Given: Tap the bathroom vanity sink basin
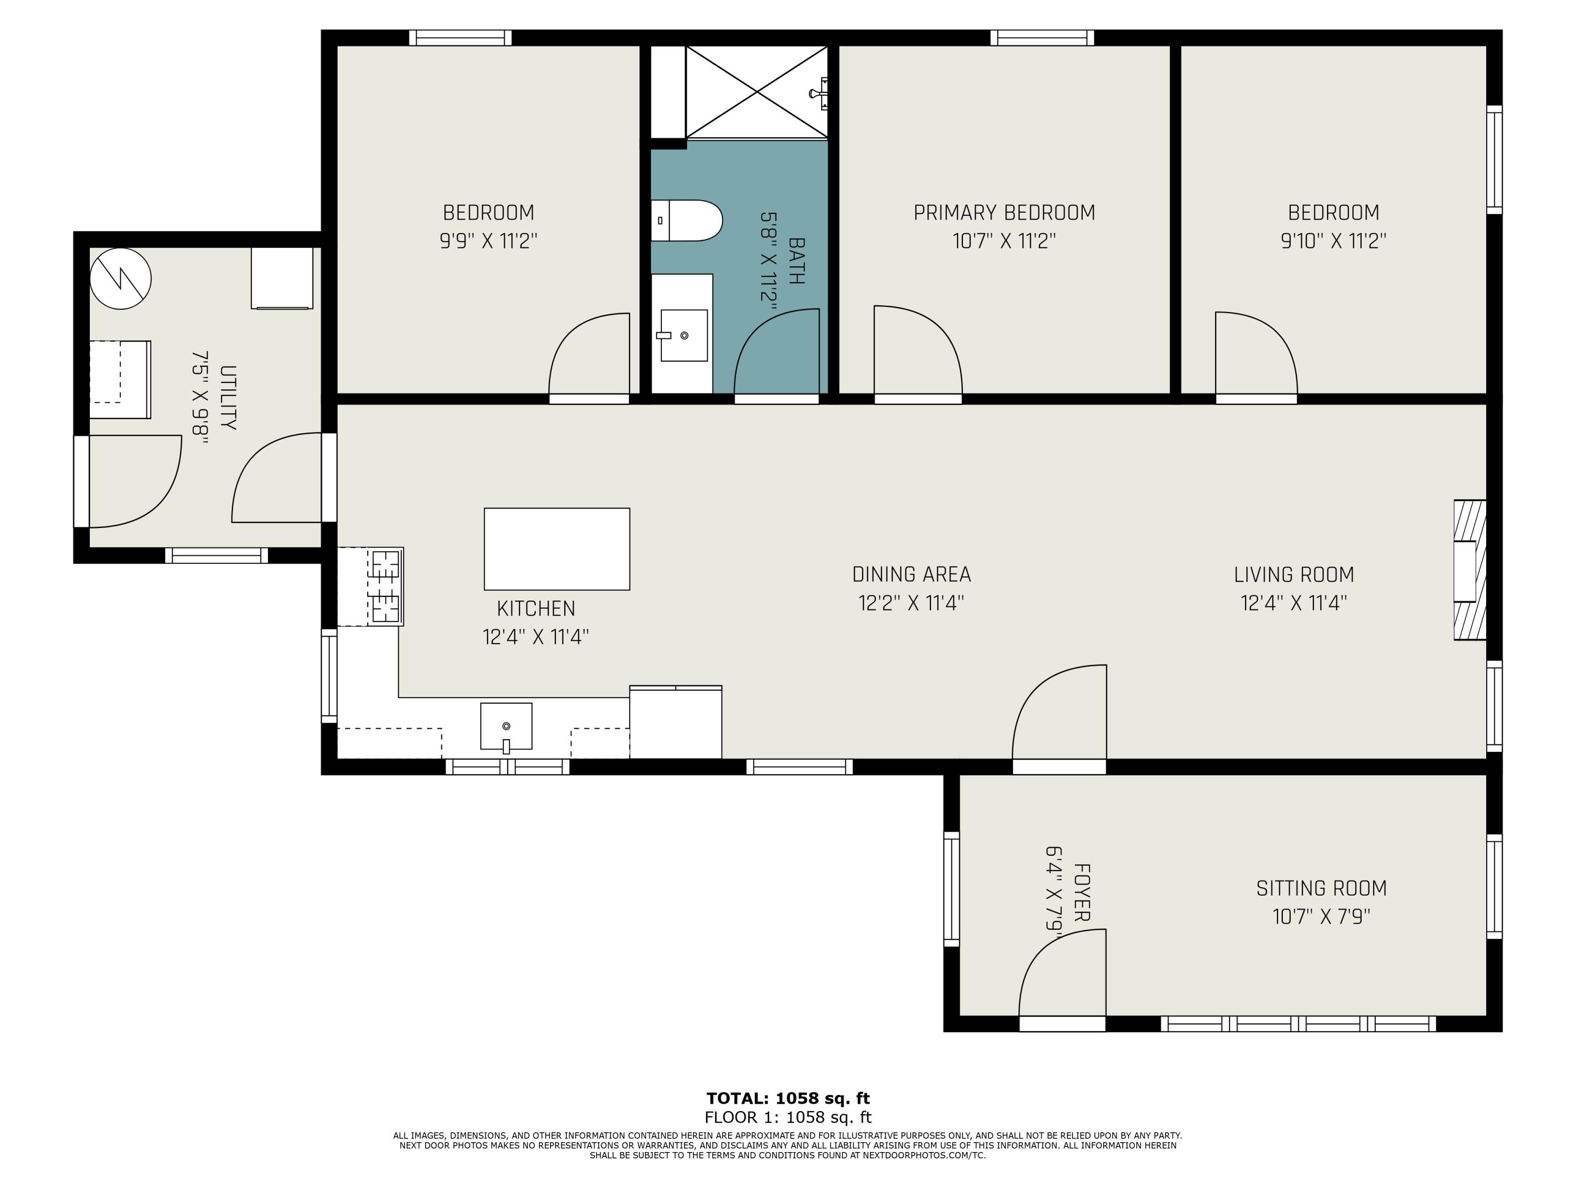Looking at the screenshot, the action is click(x=684, y=335).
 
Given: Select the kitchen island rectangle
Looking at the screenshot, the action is click(x=556, y=548).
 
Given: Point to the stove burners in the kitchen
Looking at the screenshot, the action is click(x=386, y=586).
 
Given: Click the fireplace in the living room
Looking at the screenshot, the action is click(x=1470, y=570).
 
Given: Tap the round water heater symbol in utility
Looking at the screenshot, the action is click(x=120, y=278).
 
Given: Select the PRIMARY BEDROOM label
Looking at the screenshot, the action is click(x=1004, y=212).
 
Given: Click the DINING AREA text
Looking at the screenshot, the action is click(x=911, y=574).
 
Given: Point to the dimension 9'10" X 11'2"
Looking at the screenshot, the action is click(x=1333, y=241).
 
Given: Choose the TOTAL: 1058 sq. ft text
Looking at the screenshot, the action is click(x=788, y=1098).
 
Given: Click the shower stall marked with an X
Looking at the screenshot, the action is click(x=756, y=92).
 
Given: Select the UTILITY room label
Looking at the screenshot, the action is click(x=228, y=398).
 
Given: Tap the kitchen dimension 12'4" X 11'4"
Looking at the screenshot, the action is click(x=536, y=636).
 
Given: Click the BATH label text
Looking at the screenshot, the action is click(x=796, y=261).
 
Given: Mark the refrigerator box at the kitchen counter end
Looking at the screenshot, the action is click(x=676, y=722).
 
